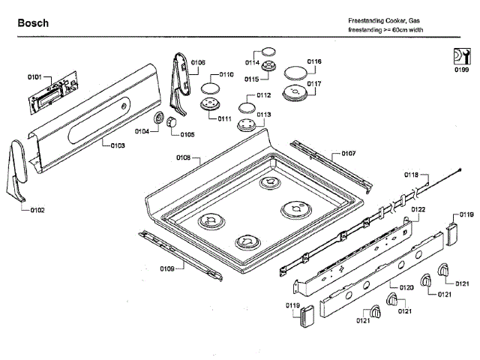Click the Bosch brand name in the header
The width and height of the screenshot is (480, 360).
click(x=34, y=23)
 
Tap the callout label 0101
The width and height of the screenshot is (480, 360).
click(x=34, y=77)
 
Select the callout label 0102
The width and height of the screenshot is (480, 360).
click(x=37, y=210)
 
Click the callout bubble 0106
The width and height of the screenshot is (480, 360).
click(x=198, y=63)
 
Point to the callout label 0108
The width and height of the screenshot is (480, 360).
click(x=184, y=157)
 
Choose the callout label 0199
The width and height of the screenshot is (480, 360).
click(x=461, y=70)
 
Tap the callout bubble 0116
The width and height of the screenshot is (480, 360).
click(x=314, y=61)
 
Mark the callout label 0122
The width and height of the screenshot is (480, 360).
click(x=418, y=209)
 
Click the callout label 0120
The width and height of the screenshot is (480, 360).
click(x=406, y=287)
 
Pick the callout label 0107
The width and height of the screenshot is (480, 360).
click(x=348, y=153)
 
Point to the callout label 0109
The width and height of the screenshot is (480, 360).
click(x=166, y=268)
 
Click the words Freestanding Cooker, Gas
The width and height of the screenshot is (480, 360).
click(x=378, y=20)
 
